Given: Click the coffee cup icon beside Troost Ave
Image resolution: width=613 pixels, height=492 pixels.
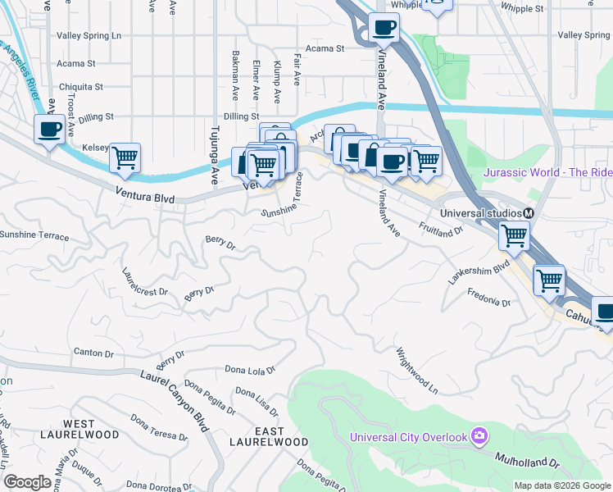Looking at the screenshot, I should [x=49, y=130].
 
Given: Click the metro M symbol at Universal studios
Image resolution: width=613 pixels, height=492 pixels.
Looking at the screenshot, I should [x=529, y=213].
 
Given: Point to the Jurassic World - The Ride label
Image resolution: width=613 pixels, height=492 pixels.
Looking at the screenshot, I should [x=547, y=172].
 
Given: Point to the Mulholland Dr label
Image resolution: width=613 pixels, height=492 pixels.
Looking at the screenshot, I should [x=528, y=458].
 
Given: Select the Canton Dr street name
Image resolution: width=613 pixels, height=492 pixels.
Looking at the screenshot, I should [x=93, y=353].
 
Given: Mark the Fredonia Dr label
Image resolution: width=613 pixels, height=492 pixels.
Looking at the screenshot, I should [x=488, y=297].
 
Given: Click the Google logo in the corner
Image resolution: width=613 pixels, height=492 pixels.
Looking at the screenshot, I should [x=27, y=482].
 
